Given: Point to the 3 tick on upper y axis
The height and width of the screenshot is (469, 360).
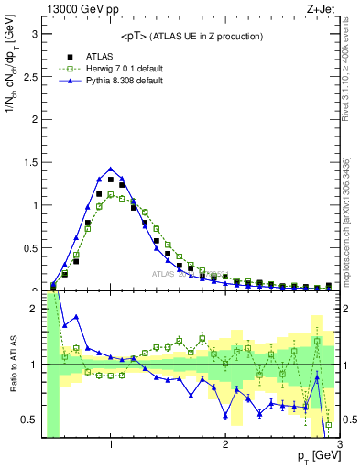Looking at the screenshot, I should [35, 34].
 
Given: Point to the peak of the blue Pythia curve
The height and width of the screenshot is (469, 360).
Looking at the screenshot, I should [111, 169].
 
